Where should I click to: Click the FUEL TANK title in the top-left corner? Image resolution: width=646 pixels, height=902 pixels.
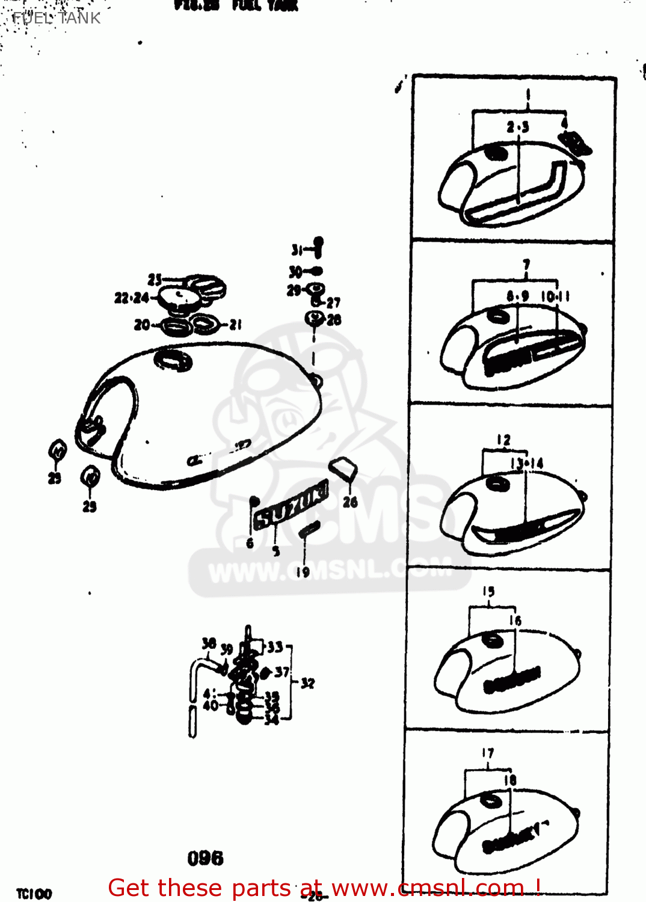click(56, 18)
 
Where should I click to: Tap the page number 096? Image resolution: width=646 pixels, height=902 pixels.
click(205, 858)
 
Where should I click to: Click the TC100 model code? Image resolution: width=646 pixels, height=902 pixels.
click(34, 894)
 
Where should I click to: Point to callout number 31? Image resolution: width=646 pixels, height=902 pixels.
click(297, 250)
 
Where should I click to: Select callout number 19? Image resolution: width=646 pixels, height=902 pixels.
click(303, 572)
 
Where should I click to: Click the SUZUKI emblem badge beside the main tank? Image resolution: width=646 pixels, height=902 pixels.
click(291, 508)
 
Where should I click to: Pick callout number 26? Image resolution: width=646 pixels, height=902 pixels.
click(350, 502)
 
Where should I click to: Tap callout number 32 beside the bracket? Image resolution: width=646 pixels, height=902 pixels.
click(307, 683)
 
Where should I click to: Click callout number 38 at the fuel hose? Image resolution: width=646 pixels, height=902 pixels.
click(209, 643)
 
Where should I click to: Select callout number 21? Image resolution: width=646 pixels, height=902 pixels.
click(236, 325)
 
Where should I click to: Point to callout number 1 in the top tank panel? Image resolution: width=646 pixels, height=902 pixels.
click(528, 95)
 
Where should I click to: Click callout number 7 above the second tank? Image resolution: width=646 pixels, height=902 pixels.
click(526, 265)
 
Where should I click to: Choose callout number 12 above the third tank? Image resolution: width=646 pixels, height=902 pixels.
click(503, 440)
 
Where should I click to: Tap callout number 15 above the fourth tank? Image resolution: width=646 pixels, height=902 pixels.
click(488, 592)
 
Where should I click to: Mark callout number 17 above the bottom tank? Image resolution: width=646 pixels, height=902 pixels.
click(487, 753)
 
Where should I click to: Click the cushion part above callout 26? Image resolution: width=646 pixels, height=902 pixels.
click(343, 468)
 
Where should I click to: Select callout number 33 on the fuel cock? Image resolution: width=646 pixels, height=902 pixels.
click(275, 647)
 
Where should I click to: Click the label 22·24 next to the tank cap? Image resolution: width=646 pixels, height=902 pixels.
click(132, 298)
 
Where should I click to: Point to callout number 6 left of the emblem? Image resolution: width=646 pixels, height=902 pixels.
click(250, 544)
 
